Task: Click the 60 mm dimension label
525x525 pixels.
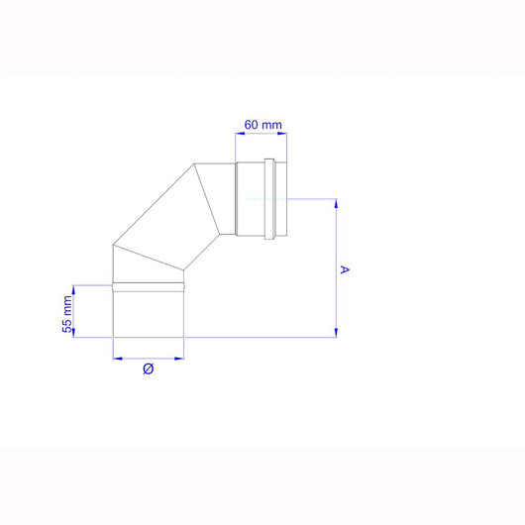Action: [x=263, y=124]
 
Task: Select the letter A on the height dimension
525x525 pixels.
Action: [x=344, y=268]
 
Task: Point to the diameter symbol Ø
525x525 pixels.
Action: [x=148, y=369]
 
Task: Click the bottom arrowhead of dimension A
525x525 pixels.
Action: [x=337, y=333]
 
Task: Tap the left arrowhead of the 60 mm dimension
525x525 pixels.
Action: [x=238, y=134]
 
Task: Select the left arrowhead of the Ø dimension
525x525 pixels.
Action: [x=116, y=356]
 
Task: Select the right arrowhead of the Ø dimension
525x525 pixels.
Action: [x=181, y=356]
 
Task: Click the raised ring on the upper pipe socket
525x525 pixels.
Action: [x=272, y=199]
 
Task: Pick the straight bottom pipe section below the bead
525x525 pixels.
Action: [x=149, y=313]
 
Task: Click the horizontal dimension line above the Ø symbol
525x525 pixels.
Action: [x=149, y=356]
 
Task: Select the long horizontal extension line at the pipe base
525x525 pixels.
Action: [x=258, y=338]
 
